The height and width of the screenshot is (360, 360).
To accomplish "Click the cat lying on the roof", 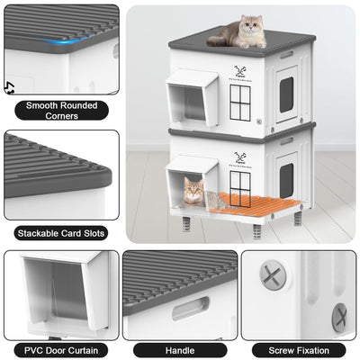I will coord(242,31).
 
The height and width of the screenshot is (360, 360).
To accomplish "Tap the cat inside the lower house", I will coord(192,192).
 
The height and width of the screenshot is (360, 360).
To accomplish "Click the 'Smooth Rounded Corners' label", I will coord(62,111).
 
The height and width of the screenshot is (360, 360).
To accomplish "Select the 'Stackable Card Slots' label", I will coord(62,233).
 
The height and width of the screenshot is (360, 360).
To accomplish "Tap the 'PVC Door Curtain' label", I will coord(61,350).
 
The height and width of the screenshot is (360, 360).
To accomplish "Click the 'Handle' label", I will coord(180,350).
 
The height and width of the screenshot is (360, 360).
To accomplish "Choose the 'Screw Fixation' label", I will coord(300,350).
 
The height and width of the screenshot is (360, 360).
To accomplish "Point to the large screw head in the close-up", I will coord(272,275).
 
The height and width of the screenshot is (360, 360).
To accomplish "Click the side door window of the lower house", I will coord(286,179).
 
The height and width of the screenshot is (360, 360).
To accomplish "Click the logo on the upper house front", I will coord(240,69).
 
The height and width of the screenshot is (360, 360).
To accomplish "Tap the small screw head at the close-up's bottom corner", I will coord(340,316).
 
